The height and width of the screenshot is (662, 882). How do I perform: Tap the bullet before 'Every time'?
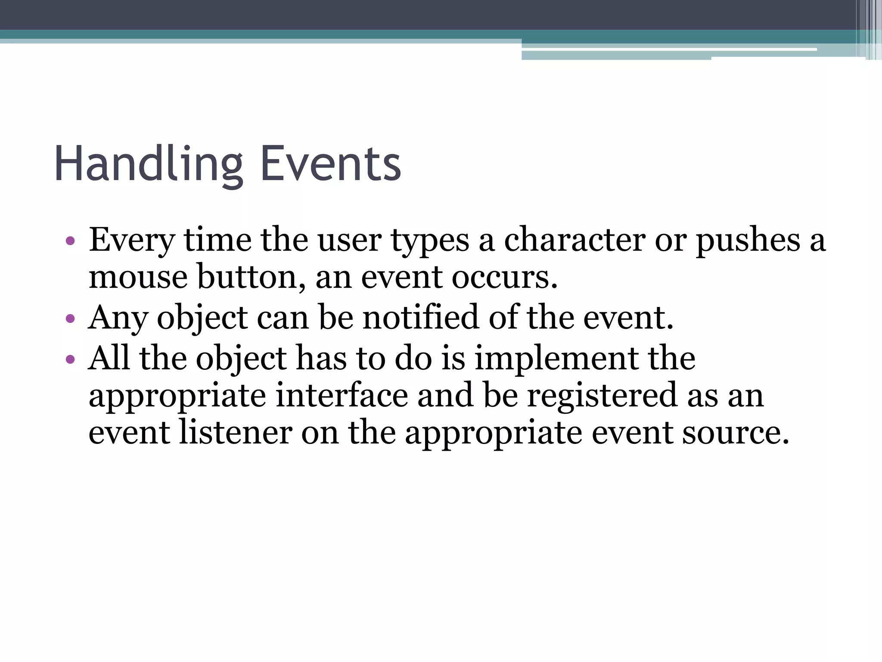point(71,240)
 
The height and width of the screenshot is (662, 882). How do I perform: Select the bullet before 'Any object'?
point(71,319)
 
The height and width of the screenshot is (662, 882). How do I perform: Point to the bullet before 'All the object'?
point(71,359)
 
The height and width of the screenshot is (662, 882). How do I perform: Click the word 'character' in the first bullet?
point(575,240)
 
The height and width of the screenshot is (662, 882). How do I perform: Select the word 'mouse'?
point(138,278)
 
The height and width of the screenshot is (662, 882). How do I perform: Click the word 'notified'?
point(420,318)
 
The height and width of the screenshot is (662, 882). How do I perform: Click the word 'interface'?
point(342,396)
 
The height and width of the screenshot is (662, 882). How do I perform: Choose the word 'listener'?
point(236,433)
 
